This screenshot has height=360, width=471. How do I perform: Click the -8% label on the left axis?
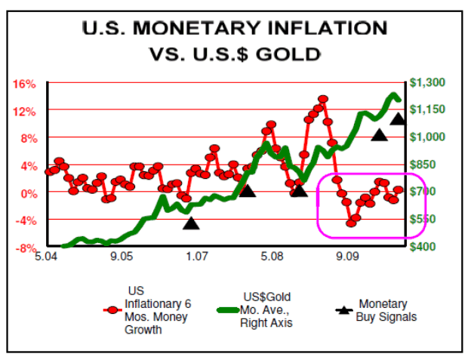point(26,248)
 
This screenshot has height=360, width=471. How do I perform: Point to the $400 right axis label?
point(423,247)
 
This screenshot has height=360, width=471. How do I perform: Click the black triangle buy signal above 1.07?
point(191,223)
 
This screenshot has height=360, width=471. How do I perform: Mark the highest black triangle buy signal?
point(398,118)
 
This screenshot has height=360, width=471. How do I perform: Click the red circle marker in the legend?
point(112,309)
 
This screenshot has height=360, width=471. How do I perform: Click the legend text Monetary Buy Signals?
point(386,311)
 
